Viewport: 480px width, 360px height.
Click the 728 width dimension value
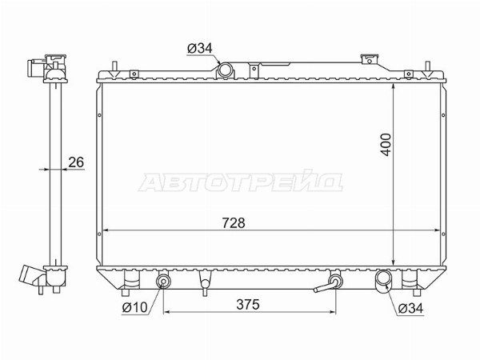[234, 223]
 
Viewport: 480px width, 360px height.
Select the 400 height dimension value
[386, 145]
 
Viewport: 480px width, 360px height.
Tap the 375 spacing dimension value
[248, 304]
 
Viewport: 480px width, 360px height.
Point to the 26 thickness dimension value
[76, 162]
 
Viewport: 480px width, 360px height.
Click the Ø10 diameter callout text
[135, 307]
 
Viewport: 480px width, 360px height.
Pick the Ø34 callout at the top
[199, 48]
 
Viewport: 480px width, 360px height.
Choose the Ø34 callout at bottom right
[410, 308]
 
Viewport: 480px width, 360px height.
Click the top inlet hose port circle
[226, 70]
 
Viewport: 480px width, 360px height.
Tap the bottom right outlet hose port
[382, 278]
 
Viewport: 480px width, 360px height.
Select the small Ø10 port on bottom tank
[163, 281]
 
